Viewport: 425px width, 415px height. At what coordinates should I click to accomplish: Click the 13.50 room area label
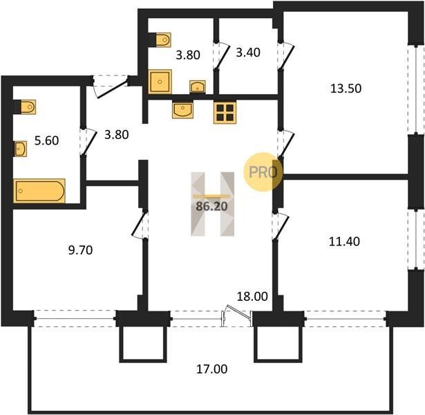click(346, 89)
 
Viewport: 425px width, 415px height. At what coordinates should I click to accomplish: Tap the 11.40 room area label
click(344, 241)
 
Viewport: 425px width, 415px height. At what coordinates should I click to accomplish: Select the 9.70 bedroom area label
click(80, 250)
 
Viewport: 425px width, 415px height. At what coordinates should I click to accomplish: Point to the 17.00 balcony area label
click(211, 369)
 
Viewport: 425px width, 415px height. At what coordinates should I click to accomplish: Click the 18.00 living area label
click(252, 297)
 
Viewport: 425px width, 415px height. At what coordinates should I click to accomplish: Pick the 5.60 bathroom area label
click(46, 141)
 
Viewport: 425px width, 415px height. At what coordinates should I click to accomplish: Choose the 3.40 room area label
click(248, 53)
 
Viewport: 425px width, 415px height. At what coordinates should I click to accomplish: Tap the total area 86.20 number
click(211, 207)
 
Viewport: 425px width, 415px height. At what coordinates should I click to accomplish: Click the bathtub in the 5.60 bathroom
click(39, 191)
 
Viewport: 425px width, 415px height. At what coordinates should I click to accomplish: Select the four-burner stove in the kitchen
click(225, 113)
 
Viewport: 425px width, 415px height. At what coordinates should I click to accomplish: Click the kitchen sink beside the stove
click(182, 109)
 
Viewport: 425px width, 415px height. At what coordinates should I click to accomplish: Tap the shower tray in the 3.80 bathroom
click(160, 82)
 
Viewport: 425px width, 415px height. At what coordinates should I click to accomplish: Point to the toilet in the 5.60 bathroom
click(25, 107)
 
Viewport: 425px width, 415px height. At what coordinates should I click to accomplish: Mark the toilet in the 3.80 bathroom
click(160, 40)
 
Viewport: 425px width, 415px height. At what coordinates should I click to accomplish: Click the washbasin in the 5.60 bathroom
click(20, 149)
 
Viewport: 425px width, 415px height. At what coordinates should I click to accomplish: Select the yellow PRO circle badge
click(263, 172)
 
